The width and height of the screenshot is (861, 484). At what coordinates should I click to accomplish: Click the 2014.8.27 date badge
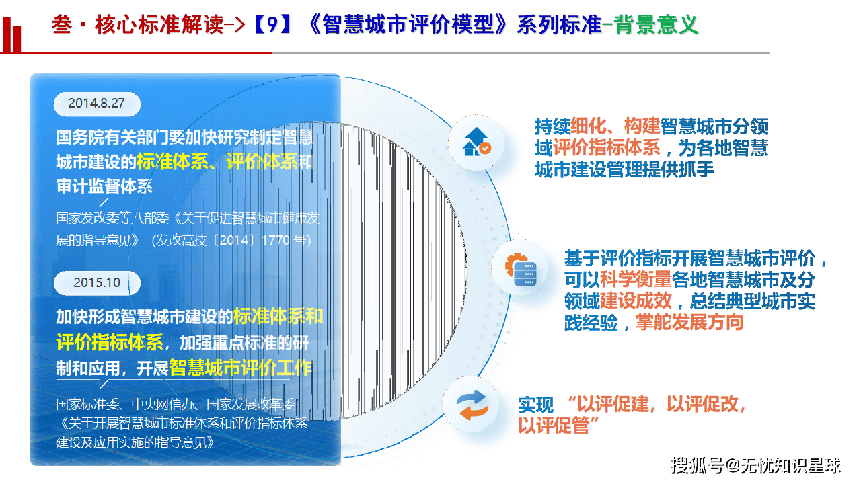point(97,104)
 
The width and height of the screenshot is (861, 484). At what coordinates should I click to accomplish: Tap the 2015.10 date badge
point(97,282)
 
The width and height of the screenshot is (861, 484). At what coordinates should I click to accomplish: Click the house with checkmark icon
point(476,142)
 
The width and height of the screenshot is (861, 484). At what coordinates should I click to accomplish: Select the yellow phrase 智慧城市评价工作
point(240,368)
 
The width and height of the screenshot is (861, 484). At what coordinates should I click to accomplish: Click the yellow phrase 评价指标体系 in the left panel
point(110,341)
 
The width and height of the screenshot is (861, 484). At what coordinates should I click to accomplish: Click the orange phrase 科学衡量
point(636,279)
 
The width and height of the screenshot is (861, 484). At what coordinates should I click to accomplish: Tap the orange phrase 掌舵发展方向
point(689,322)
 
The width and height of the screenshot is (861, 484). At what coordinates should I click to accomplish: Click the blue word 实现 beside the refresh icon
point(535,405)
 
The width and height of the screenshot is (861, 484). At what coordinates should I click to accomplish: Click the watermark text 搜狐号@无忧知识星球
point(756,465)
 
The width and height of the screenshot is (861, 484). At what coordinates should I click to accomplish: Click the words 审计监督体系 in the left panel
point(104,186)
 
